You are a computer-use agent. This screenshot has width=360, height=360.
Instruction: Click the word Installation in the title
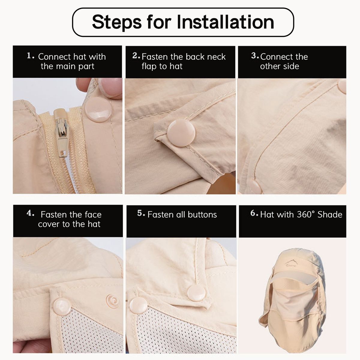pyautogui.click(x=225, y=22)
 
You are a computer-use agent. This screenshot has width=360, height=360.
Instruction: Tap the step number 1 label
pyautogui.click(x=31, y=56)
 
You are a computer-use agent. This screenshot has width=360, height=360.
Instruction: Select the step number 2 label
pyautogui.click(x=136, y=56)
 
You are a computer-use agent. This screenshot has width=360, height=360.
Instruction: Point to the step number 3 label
pyautogui.click(x=255, y=56)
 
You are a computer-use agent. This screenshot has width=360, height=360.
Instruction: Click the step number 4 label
pyautogui.click(x=31, y=213)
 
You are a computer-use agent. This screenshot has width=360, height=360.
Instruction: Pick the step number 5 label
pyautogui.click(x=141, y=213)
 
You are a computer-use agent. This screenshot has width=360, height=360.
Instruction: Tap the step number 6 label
pyautogui.click(x=254, y=213)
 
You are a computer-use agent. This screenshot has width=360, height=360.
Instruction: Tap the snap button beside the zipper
pyautogui.click(x=98, y=109)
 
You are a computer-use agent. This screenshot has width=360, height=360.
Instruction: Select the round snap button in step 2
pyautogui.click(x=181, y=133)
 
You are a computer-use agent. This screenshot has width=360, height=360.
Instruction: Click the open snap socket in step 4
pyautogui.click(x=112, y=301)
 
